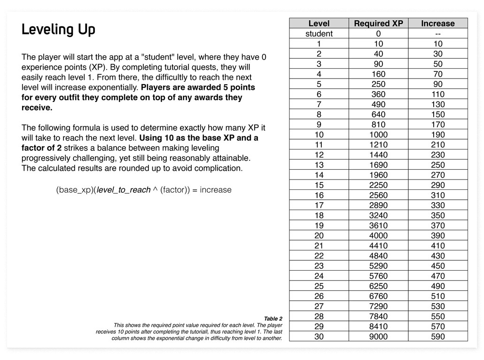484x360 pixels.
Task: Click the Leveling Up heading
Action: [58, 30]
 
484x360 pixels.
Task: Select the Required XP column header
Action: [378, 23]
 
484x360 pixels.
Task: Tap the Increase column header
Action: [437, 23]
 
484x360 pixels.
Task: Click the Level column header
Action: [319, 23]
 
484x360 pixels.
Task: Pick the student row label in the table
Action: [319, 34]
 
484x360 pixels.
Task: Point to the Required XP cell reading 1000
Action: [378, 135]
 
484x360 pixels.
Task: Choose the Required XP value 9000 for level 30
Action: [378, 337]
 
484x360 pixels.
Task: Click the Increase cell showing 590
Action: [437, 337]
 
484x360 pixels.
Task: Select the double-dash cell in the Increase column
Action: [437, 34]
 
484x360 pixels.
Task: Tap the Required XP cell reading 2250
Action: [378, 185]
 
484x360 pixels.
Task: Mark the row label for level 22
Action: [319, 256]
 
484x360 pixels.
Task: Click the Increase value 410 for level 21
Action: [437, 245]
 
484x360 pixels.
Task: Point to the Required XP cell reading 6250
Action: [378, 286]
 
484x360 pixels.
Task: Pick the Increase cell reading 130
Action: [437, 104]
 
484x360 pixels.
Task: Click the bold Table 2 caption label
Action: [273, 319]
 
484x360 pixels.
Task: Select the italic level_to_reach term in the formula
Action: [123, 190]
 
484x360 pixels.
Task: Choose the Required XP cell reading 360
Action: [378, 94]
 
